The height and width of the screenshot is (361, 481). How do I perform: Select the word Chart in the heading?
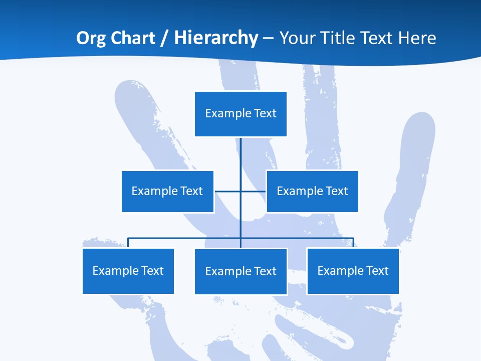click(x=132, y=38)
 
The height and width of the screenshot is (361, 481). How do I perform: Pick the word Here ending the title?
click(x=417, y=38)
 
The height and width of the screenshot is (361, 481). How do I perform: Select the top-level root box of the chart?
click(x=241, y=114)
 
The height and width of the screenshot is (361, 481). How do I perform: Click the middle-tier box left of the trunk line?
click(x=167, y=191)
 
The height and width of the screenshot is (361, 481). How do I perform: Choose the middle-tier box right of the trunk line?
click(x=312, y=191)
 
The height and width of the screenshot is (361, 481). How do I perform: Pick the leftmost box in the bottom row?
click(x=128, y=271)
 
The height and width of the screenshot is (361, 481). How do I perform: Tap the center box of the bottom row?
click(x=241, y=271)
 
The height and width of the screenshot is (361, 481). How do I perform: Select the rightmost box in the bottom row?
click(x=353, y=271)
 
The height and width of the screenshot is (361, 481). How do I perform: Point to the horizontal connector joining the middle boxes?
click(x=227, y=191)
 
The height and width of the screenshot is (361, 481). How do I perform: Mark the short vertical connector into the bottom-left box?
click(x=128, y=243)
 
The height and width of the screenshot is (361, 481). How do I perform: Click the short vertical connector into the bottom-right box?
click(x=353, y=243)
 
